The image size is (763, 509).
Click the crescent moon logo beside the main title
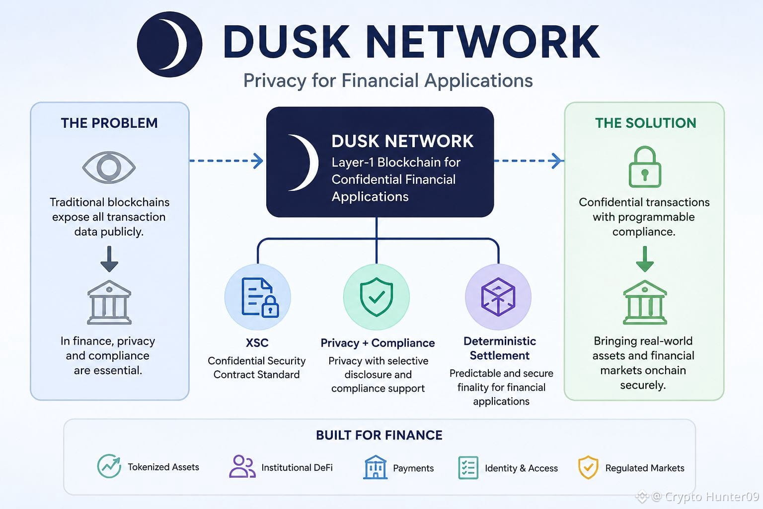(169, 44)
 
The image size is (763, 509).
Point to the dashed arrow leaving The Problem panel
(226, 161)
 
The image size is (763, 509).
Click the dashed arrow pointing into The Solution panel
(528, 161)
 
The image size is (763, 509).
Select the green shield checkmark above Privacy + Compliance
(377, 297)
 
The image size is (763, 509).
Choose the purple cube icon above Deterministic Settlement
(498, 297)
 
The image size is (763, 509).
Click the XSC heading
(257, 342)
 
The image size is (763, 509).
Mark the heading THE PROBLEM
(109, 123)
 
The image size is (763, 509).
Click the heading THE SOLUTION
(645, 123)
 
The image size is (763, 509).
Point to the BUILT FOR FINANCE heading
(379, 435)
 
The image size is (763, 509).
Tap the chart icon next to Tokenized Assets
(109, 466)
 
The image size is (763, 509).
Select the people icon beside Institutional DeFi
(242, 466)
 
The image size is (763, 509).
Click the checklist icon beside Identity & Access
(468, 468)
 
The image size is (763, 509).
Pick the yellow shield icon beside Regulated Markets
(588, 467)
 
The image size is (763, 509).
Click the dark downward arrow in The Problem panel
(109, 259)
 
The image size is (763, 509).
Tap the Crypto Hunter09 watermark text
(711, 497)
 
